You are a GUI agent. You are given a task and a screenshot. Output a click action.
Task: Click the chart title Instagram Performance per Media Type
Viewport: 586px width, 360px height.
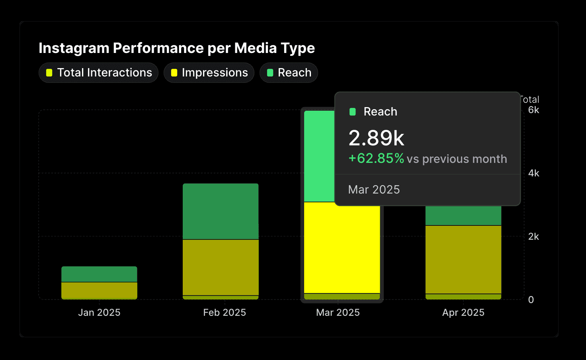[x=177, y=48]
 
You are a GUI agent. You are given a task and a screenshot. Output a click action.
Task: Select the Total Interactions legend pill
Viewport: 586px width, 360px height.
[x=99, y=73]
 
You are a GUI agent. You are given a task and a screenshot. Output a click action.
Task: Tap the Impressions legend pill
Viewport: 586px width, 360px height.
[x=209, y=73]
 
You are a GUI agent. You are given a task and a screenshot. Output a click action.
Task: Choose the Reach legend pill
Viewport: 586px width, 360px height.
[x=289, y=73]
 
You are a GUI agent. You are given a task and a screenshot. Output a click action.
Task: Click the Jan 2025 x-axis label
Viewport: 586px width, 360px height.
[x=99, y=313]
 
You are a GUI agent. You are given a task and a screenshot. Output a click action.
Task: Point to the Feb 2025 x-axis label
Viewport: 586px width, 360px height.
[x=225, y=313]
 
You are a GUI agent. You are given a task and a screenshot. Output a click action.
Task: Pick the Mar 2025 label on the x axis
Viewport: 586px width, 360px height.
[x=338, y=313]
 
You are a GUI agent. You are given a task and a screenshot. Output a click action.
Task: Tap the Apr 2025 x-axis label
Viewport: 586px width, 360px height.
[x=463, y=313]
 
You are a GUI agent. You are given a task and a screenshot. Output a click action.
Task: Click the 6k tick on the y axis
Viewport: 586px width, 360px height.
[x=533, y=110]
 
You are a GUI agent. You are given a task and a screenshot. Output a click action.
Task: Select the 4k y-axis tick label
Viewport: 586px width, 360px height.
[x=533, y=173]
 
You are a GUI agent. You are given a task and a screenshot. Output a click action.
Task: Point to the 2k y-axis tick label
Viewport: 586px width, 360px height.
[x=533, y=237]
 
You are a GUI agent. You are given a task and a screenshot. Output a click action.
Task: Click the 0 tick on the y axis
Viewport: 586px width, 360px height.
[x=531, y=300]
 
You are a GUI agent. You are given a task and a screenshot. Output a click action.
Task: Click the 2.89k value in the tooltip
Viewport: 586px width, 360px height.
[x=376, y=138]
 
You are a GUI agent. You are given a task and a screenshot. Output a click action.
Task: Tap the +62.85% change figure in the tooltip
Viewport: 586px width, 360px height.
[x=376, y=158]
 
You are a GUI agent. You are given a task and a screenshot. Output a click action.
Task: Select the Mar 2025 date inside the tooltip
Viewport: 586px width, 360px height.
[x=374, y=190]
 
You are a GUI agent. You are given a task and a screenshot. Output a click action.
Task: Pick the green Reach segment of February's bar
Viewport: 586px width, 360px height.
[x=221, y=211]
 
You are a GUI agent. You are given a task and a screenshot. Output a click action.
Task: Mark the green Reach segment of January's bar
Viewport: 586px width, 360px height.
[x=99, y=274]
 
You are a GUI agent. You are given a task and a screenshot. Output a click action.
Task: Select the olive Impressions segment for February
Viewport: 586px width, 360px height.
[x=221, y=267]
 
